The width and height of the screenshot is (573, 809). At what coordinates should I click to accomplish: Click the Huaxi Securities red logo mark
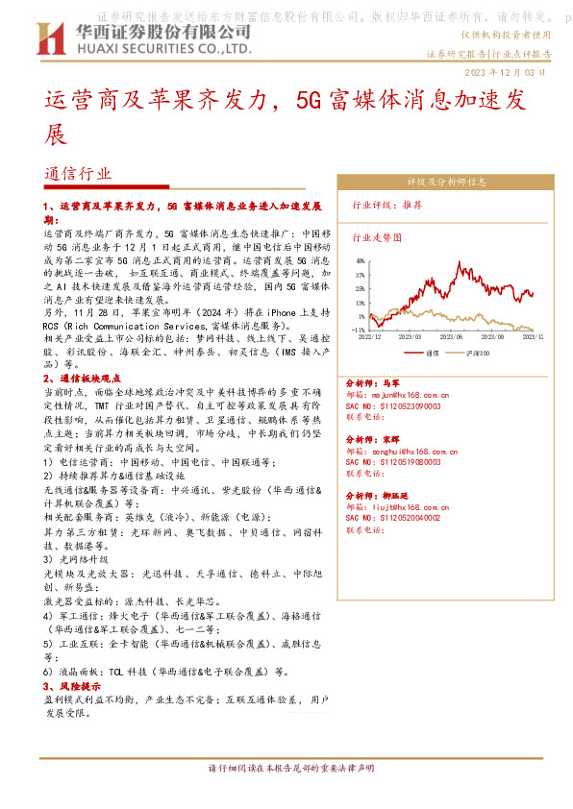tap(49, 38)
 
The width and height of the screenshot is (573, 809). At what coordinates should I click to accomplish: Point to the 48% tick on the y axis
tap(359, 260)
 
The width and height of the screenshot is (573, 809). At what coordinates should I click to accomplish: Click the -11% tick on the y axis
tap(358, 329)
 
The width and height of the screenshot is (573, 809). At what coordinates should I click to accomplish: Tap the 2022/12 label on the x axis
tap(371, 336)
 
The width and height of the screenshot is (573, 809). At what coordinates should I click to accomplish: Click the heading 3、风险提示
tap(73, 687)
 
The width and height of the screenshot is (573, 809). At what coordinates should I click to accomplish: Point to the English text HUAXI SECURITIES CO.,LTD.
tap(158, 46)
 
